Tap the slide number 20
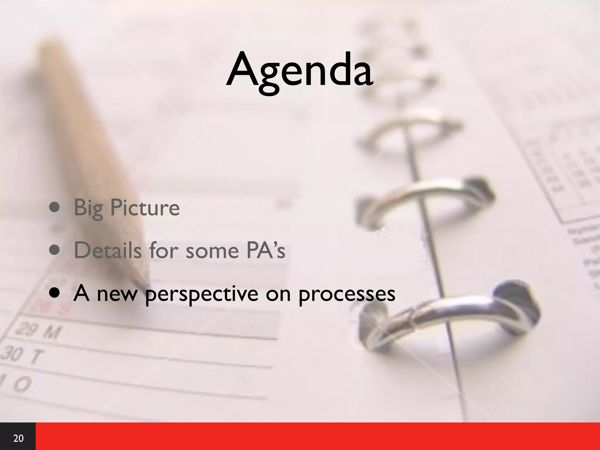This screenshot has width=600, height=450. pos(18,438)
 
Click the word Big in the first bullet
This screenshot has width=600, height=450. pos(88,208)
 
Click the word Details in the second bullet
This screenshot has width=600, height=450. pos(107,250)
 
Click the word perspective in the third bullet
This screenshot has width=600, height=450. pos(202,294)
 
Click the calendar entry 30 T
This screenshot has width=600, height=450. pos(22,356)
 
